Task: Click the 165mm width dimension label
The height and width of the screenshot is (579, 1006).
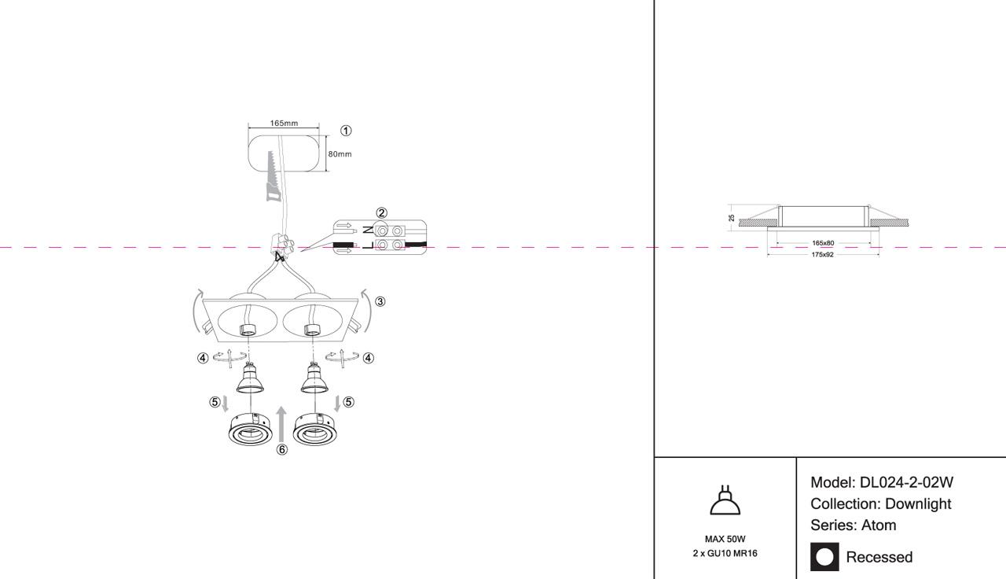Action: click(284, 124)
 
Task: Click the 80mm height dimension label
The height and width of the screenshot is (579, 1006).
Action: click(340, 154)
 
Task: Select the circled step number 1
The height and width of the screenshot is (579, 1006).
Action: click(346, 131)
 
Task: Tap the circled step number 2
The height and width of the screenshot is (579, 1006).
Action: click(381, 212)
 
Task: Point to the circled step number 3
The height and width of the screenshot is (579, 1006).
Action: click(380, 301)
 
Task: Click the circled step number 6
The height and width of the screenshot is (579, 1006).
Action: click(282, 450)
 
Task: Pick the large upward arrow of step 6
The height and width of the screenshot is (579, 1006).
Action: click(282, 424)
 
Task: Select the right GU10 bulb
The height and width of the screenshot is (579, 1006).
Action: click(313, 380)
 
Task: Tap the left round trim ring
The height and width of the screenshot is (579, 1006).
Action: click(250, 430)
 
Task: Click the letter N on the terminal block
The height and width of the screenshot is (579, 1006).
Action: click(368, 230)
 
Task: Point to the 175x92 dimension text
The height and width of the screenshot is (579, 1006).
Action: click(823, 255)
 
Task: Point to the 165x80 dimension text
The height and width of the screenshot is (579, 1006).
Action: click(823, 243)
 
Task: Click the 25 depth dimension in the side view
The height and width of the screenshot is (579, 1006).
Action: click(731, 217)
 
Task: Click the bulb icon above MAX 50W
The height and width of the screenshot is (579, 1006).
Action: click(725, 500)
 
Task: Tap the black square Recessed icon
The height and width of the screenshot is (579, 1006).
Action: click(824, 557)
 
